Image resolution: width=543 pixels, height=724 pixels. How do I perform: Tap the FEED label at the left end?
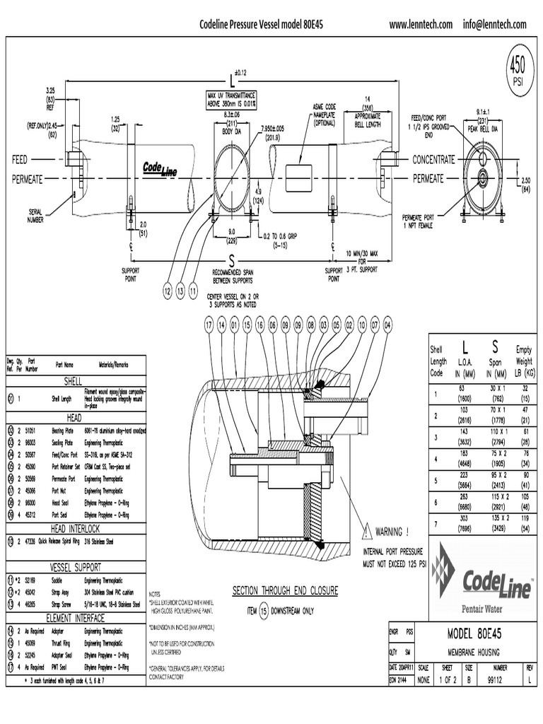pyautogui.click(x=19, y=160)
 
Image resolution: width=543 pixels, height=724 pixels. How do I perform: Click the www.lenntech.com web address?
pyautogui.click(x=421, y=25)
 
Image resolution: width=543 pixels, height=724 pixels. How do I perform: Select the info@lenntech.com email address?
pyautogui.click(x=495, y=25)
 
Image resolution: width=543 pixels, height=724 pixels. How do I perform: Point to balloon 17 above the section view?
pyautogui.click(x=209, y=325)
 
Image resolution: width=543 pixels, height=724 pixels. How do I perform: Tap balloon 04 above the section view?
pyautogui.click(x=387, y=325)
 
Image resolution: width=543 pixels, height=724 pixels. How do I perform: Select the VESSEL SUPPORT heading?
pyautogui.click(x=74, y=567)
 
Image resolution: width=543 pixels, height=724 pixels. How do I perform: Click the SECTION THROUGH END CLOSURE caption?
pyautogui.click(x=286, y=590)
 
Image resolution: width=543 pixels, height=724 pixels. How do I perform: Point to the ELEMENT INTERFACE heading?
pyautogui.click(x=74, y=617)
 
